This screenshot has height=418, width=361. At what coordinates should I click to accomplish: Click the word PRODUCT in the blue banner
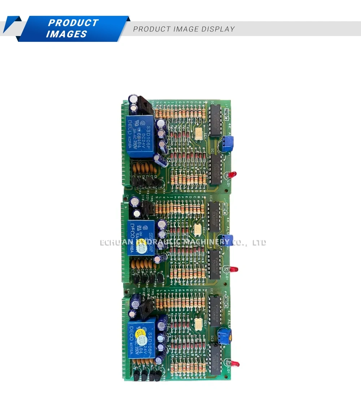point(73,23)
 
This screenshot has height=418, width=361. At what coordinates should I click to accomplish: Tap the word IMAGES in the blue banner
point(66,34)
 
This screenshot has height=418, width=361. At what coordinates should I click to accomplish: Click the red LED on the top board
point(234,174)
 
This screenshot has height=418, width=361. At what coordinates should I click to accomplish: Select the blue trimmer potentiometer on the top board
point(227,143)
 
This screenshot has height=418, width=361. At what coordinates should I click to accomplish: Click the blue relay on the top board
point(142,137)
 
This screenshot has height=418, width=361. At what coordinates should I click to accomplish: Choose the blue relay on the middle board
point(142,238)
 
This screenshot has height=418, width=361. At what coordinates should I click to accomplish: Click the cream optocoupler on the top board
point(199,134)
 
